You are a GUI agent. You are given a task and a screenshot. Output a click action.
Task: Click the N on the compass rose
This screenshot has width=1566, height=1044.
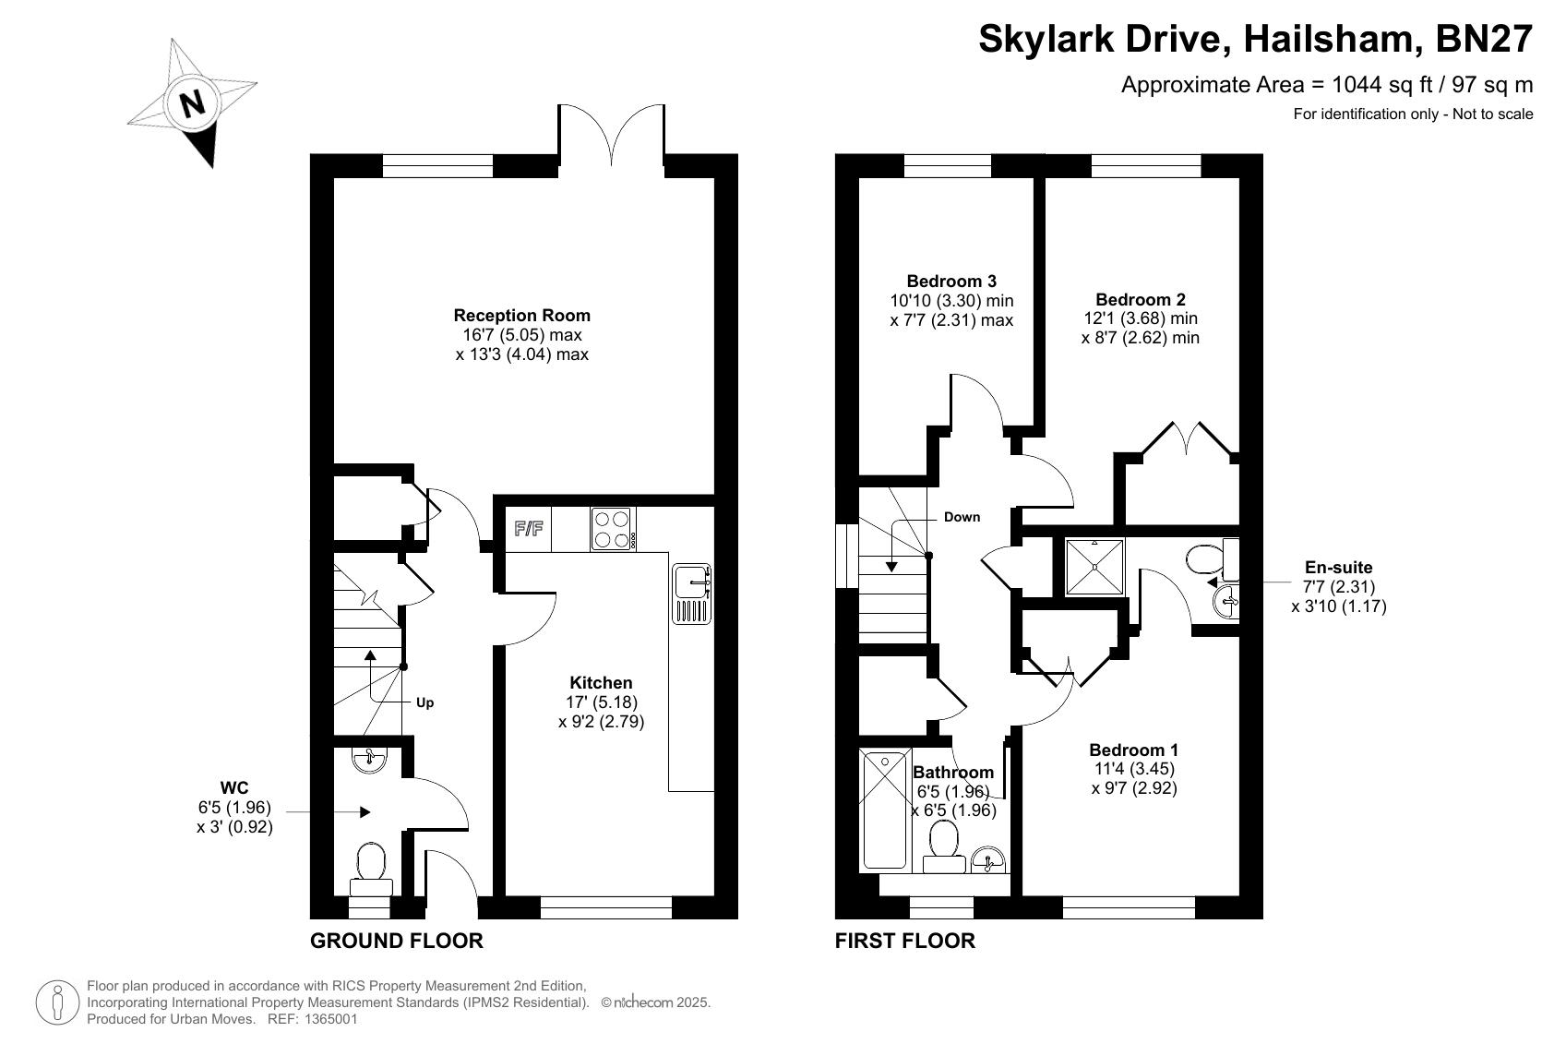pos(193,103)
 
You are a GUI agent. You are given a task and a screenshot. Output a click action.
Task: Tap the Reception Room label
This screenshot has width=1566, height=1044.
pos(522,316)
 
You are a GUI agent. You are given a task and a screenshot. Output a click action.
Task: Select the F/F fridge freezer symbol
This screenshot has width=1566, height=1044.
pos(529,529)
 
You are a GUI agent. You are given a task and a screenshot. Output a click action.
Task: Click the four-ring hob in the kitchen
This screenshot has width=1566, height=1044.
pos(613,529)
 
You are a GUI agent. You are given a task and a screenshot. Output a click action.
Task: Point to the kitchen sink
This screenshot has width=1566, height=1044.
pos(691,594)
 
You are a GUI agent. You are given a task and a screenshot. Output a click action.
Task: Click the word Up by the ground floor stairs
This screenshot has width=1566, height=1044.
pos(425,702)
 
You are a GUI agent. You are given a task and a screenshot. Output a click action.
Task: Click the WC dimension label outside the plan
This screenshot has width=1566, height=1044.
pos(234,807)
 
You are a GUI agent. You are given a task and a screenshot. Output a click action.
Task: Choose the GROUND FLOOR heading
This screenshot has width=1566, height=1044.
pos(397,942)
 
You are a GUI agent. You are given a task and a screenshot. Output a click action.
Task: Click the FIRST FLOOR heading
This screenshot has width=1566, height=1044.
pos(904,942)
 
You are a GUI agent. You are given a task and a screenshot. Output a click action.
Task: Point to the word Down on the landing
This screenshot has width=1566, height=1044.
pos(962,518)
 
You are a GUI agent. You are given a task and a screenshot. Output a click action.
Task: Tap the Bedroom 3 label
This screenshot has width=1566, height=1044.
pos(951,282)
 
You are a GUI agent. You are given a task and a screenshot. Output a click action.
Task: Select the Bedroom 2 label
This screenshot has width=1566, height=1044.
pos(1141,299)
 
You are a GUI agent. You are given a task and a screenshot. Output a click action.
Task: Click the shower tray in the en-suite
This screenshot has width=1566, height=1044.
pos(1094,567)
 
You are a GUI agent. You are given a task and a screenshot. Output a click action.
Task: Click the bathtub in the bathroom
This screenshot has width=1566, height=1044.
pos(885,810)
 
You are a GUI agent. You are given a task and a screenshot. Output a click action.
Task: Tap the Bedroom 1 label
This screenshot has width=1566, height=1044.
pos(1133,750)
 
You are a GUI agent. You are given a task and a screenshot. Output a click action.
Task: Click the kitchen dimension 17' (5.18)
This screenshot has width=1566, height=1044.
pos(602,702)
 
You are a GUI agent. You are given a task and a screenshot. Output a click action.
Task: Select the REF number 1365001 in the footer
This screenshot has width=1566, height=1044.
pos(330,1019)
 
